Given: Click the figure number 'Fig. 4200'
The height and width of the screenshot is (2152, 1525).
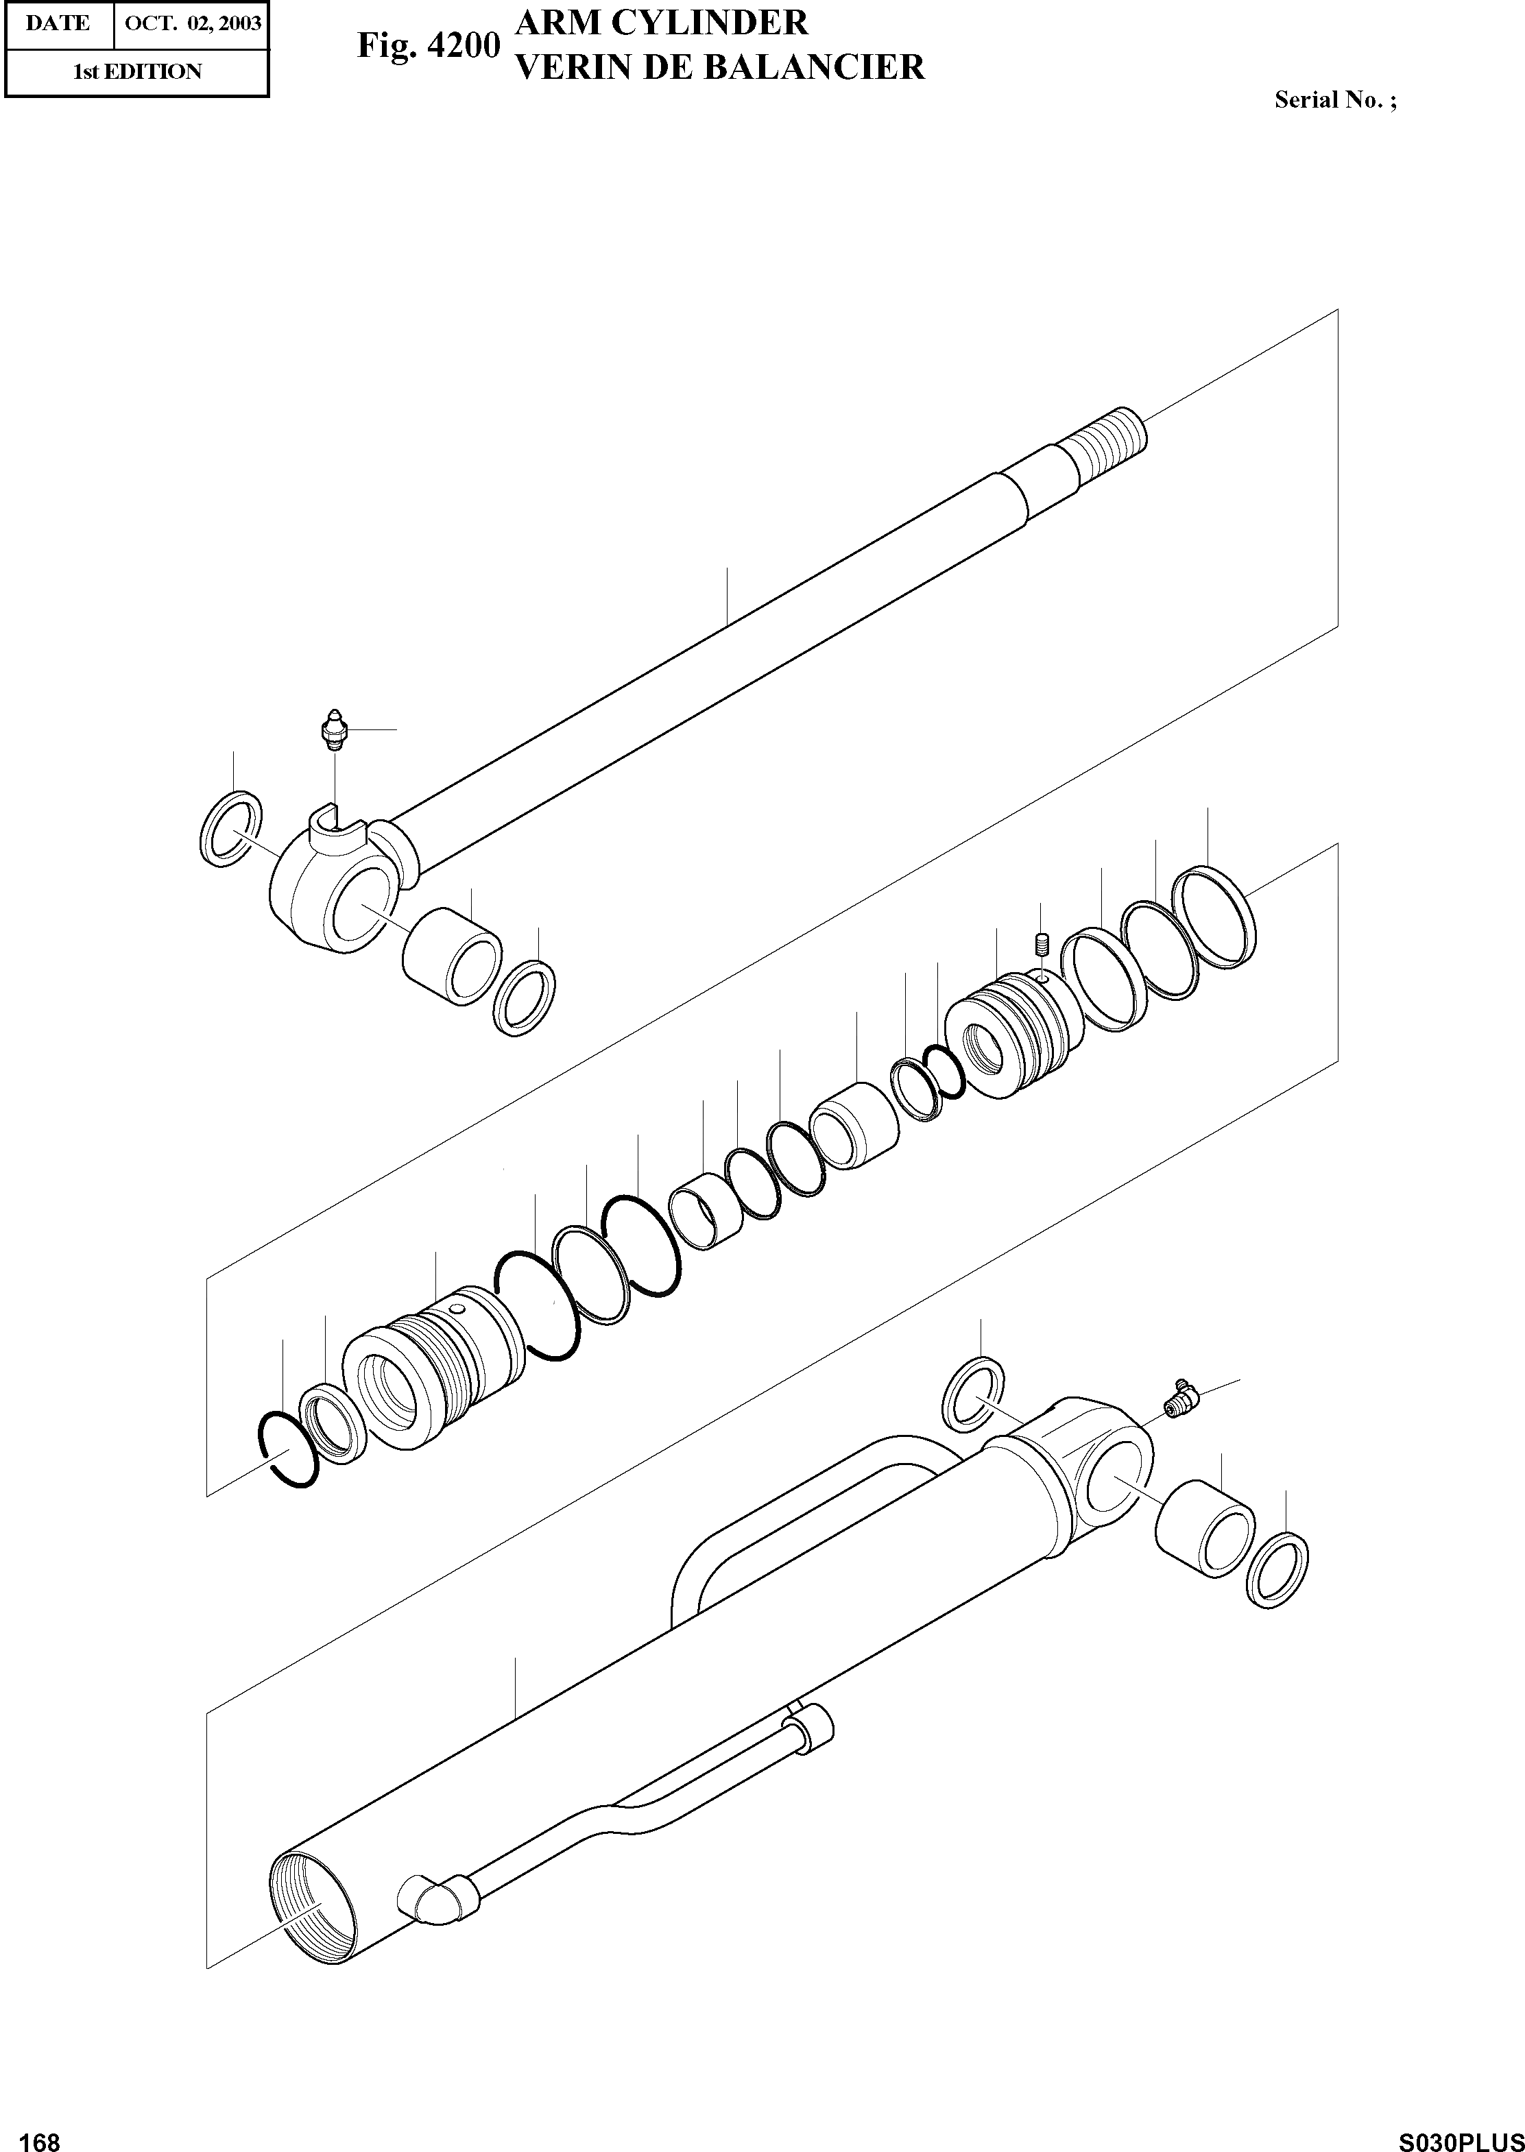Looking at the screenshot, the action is pyautogui.click(x=428, y=46).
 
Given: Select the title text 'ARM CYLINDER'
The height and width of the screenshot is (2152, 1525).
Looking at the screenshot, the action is pyautogui.click(x=662, y=21).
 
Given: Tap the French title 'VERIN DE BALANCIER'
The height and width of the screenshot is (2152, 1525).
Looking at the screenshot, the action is pyautogui.click(x=720, y=67).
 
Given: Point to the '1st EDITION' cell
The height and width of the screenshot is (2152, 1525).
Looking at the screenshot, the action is pyautogui.click(x=137, y=72).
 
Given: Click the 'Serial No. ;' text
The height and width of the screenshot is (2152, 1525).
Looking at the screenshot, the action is pyautogui.click(x=1334, y=101).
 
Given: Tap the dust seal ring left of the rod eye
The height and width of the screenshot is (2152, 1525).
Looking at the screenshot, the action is pyautogui.click(x=231, y=828).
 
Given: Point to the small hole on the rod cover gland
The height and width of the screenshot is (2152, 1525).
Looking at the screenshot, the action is pyautogui.click(x=457, y=1309).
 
